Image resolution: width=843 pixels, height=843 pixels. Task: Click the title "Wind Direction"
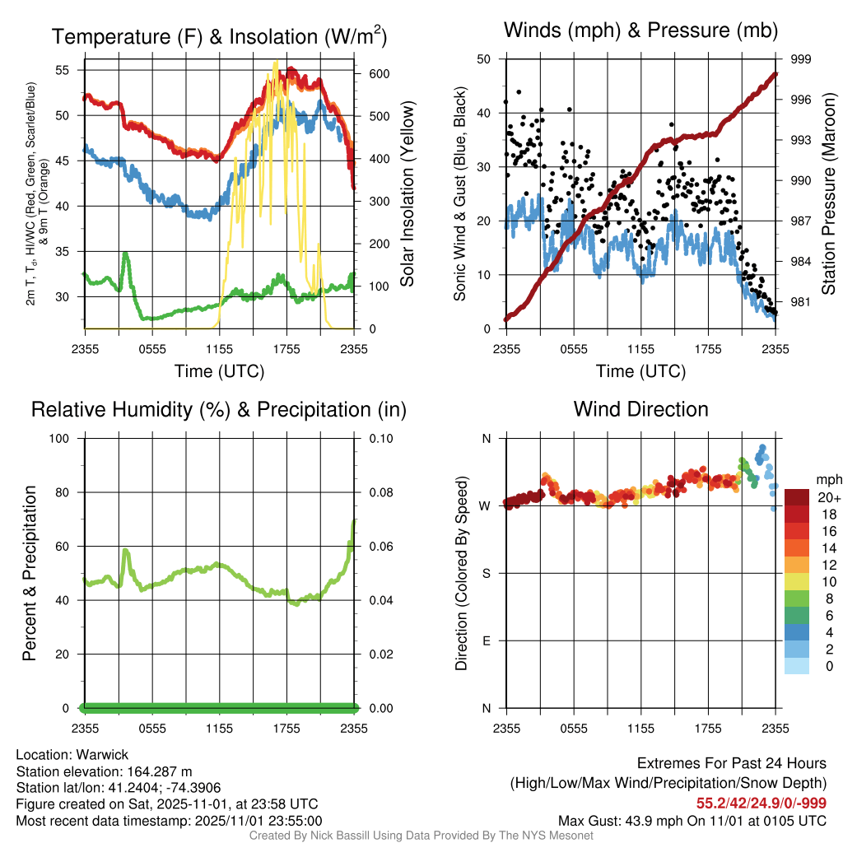pos(640,409)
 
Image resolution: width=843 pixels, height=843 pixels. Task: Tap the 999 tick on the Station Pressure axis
pos(802,59)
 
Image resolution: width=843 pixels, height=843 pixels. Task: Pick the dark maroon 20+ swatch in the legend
pos(798,497)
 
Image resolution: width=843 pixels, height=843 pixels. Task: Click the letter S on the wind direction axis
pos(487,573)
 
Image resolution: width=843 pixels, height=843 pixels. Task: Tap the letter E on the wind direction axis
pos(487,640)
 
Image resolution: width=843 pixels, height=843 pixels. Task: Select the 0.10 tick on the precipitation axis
pos(380,439)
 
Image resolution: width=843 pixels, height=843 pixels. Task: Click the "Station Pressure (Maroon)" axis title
pos(828,193)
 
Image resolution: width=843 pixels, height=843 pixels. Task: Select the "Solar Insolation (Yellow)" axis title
pos(408,193)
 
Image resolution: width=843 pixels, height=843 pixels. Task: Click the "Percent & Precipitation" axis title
pos(29,573)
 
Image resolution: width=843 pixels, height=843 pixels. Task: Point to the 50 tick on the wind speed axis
pos(484,59)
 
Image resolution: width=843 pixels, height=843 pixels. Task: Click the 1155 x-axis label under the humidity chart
pos(220,729)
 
